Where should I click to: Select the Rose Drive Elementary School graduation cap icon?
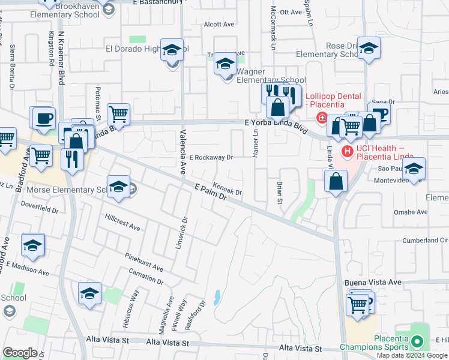coord(369,49)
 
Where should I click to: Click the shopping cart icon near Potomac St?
coord(119,113)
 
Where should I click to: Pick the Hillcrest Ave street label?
coord(122,222)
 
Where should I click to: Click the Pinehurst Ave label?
coord(144,262)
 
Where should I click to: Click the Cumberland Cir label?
coord(419,240)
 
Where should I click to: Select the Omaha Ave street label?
coord(411,212)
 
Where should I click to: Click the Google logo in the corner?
coord(20,353)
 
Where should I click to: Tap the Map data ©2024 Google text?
coord(412,355)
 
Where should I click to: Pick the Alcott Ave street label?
coord(218,25)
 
